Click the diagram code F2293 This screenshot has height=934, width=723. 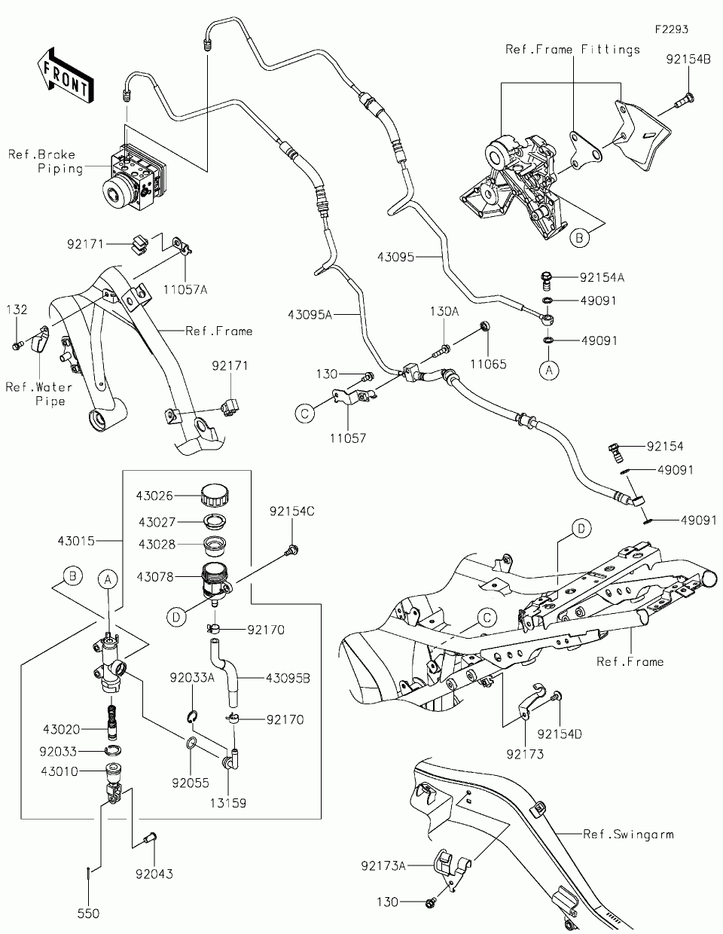click(672, 29)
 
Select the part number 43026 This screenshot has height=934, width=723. click(154, 496)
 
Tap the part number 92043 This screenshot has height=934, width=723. click(154, 874)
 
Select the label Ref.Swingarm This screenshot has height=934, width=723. click(628, 834)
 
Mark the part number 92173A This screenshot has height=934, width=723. click(383, 866)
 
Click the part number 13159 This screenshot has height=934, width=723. click(228, 803)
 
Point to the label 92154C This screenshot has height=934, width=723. click(291, 511)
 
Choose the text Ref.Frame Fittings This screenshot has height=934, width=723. click(572, 49)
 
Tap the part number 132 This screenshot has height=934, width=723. click(17, 310)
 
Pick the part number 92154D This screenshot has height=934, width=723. click(560, 733)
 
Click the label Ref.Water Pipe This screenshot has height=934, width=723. click(38, 394)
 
